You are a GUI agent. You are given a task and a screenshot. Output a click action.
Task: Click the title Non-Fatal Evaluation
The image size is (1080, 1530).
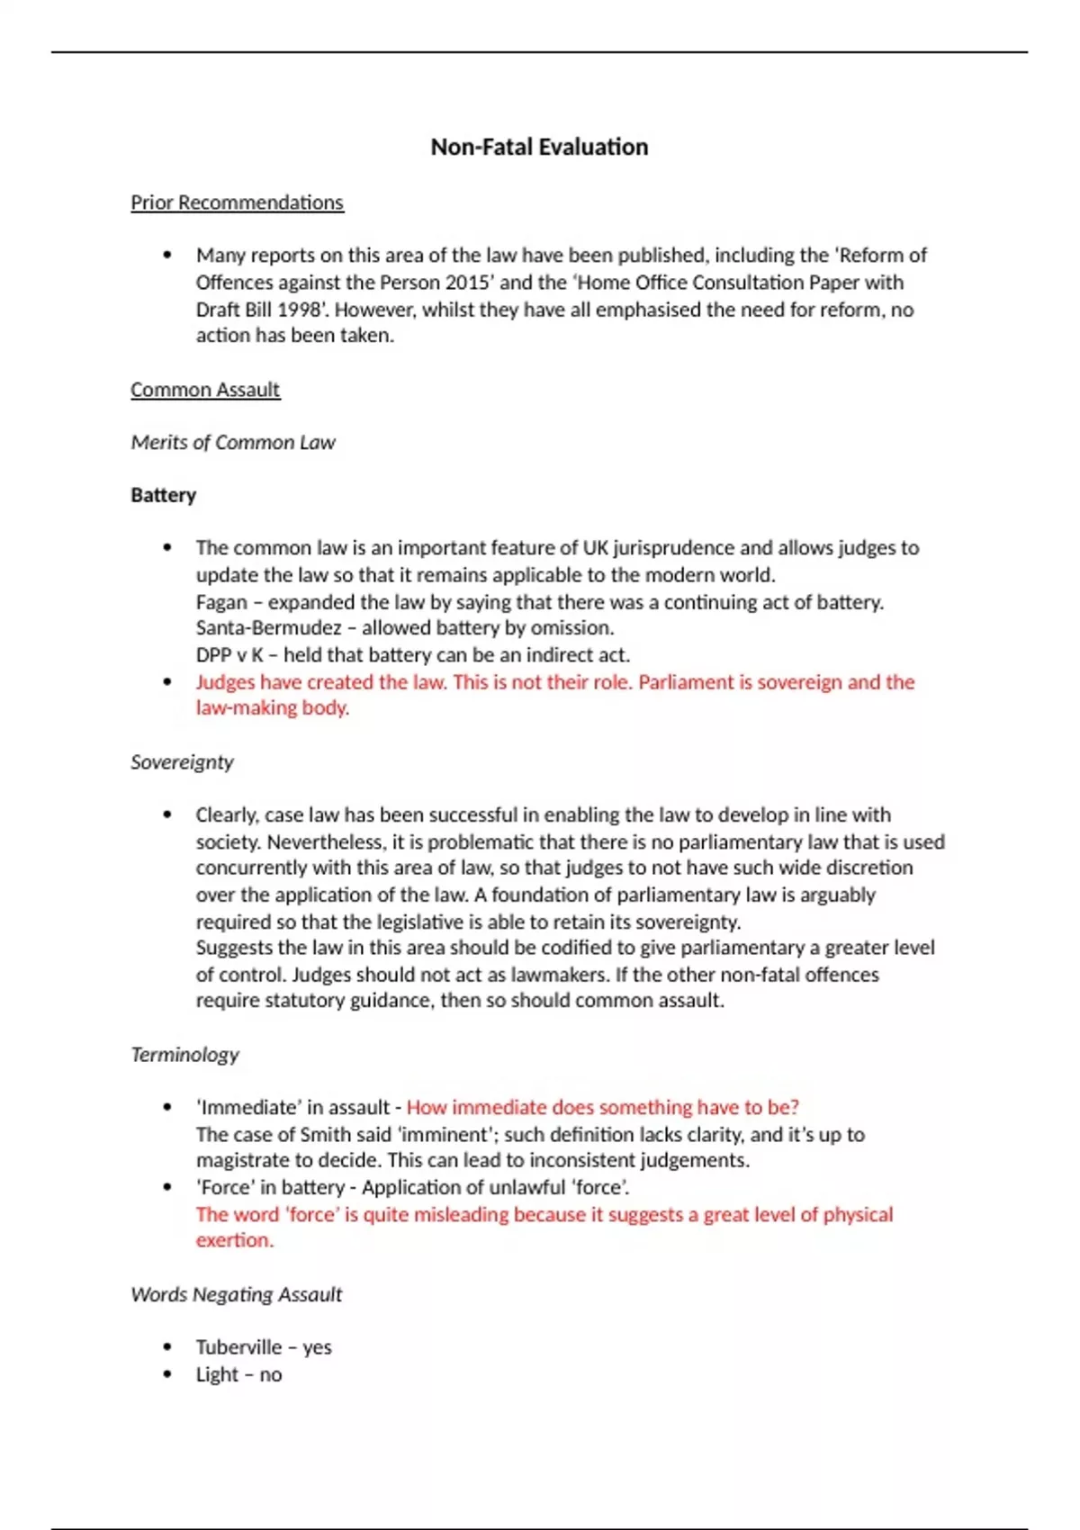(539, 147)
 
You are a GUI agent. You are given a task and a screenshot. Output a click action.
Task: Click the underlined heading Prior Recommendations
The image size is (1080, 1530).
(237, 202)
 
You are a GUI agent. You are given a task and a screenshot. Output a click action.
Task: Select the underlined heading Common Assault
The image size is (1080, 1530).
(205, 390)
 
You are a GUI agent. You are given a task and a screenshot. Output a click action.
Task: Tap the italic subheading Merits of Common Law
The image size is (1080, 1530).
(232, 443)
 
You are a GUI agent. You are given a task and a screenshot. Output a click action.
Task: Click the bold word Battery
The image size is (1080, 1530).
(163, 495)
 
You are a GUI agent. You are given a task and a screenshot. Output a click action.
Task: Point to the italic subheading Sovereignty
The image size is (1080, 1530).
(182, 762)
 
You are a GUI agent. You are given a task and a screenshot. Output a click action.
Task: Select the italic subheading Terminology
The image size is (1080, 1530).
(184, 1055)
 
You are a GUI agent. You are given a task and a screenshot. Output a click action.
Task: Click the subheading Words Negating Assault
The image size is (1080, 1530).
(236, 1294)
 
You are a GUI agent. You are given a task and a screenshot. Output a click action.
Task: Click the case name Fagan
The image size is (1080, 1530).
(220, 602)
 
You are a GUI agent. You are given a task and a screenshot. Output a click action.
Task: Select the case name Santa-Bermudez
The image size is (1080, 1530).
(268, 628)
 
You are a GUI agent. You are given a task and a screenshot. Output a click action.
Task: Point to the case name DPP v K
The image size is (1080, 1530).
(229, 655)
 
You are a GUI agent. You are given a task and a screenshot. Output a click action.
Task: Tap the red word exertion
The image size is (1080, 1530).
(234, 1240)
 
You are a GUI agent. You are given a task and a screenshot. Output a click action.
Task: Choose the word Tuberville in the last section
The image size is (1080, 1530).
(238, 1347)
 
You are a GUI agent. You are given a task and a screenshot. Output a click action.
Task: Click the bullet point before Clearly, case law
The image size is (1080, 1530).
(167, 815)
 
